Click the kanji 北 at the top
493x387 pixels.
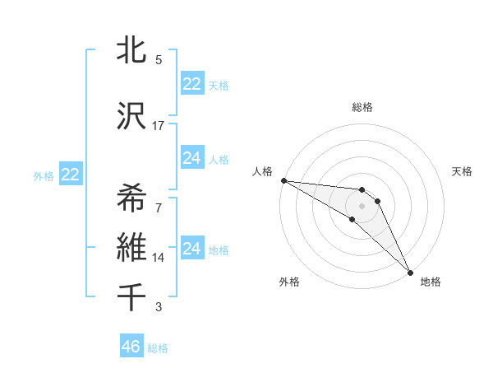[x=131, y=50]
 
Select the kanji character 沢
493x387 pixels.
[x=131, y=116]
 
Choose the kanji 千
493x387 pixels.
[x=131, y=297]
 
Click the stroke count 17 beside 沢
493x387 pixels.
[x=159, y=125]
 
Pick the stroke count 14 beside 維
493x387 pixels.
[x=159, y=258]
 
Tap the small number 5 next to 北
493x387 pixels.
[x=159, y=59]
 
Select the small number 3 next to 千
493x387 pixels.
[x=159, y=307]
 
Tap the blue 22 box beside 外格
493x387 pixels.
[x=70, y=175]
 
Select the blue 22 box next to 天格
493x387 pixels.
[x=192, y=84]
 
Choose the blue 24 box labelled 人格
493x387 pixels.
[x=192, y=158]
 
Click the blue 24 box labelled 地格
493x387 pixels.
[x=192, y=249]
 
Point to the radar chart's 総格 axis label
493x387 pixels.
[x=362, y=107]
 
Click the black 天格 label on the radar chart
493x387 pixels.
[x=463, y=171]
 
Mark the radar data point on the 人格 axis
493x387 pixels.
[x=283, y=180]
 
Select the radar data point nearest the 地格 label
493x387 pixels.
[x=410, y=272]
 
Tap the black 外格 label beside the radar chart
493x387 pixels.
[x=289, y=282]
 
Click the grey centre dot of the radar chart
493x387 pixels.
[x=362, y=206]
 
